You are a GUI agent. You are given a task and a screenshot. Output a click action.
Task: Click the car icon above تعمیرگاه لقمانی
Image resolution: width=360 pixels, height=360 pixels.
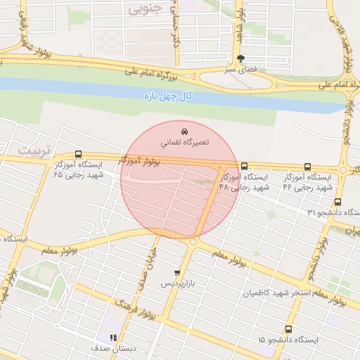pyautogui.click(x=184, y=131)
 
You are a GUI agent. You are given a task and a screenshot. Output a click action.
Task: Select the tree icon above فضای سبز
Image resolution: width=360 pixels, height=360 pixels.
pyautogui.click(x=241, y=59)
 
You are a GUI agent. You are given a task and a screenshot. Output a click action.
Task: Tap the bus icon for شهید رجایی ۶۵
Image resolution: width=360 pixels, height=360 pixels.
pyautogui.click(x=77, y=154)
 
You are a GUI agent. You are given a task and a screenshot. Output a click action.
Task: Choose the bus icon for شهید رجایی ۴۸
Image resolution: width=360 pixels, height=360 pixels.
pyautogui.click(x=244, y=167)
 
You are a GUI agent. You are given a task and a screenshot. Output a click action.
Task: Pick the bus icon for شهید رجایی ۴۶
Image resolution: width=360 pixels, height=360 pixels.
pyautogui.click(x=307, y=167)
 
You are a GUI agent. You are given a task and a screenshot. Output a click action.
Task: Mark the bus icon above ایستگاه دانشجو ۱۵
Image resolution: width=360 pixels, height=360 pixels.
pyautogui.click(x=288, y=329)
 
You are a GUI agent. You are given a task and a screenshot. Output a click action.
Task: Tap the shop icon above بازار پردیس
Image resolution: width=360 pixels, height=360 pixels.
pyautogui.click(x=176, y=273)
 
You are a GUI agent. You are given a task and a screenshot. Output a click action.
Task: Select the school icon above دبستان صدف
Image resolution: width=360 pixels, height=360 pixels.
pyautogui.click(x=113, y=337)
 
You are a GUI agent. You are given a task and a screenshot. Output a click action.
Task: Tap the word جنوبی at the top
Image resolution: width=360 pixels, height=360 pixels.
pyautogui.click(x=146, y=9)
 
